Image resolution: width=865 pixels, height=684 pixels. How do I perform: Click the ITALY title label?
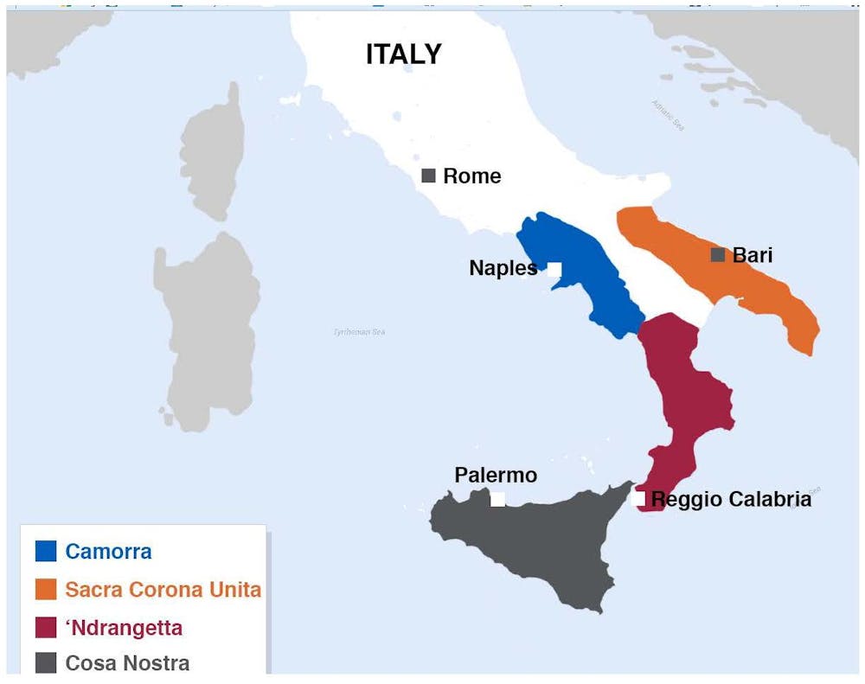(403, 54)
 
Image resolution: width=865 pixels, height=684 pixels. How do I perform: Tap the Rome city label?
(471, 176)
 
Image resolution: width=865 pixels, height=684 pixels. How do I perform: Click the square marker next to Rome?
(428, 176)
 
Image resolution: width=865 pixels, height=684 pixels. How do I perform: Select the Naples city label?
(503, 268)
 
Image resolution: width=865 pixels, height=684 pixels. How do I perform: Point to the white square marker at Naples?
(554, 269)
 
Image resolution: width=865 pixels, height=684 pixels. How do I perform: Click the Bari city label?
(752, 255)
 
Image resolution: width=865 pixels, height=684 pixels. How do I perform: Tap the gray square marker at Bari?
(717, 255)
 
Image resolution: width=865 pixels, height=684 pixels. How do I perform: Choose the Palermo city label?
(496, 476)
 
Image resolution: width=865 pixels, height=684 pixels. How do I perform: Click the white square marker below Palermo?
(497, 499)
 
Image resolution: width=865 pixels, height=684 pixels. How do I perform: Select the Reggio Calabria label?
(731, 499)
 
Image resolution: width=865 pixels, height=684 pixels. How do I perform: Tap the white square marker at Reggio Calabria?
(638, 498)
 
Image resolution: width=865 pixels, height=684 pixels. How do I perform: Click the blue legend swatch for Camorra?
(46, 551)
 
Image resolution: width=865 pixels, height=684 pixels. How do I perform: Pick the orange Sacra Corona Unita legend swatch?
(46, 589)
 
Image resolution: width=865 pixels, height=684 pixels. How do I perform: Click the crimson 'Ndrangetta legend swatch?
(46, 627)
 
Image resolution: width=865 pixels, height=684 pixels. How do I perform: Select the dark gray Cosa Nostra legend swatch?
(46, 663)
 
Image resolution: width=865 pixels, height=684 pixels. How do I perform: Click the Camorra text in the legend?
(108, 551)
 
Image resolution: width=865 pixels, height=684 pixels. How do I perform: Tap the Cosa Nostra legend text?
(127, 663)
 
